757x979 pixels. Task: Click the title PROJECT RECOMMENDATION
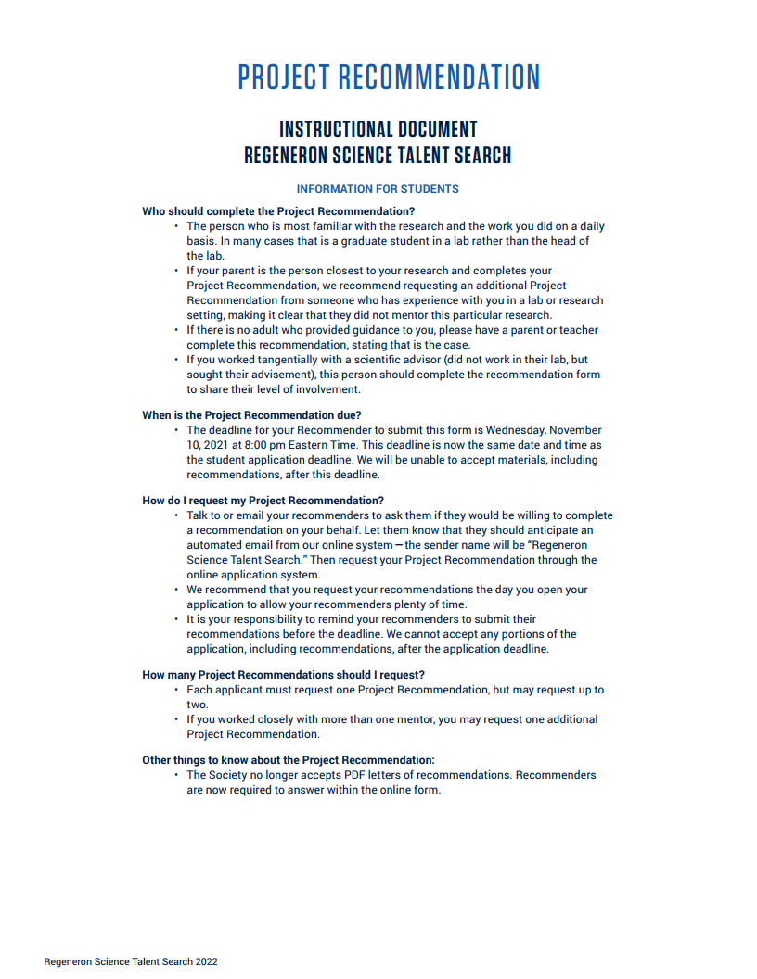pyautogui.click(x=389, y=77)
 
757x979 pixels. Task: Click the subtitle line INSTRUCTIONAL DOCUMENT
pyautogui.click(x=378, y=130)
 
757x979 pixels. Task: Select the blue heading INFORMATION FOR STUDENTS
pyautogui.click(x=378, y=189)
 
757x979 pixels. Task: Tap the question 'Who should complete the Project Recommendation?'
pyautogui.click(x=278, y=211)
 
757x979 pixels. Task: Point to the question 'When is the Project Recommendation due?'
pyautogui.click(x=251, y=415)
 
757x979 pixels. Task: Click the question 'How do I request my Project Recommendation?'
pyautogui.click(x=263, y=501)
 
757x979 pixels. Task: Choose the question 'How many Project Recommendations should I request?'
pyautogui.click(x=283, y=675)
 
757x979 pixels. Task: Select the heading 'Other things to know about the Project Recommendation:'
pyautogui.click(x=289, y=760)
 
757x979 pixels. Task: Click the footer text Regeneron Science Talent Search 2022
pyautogui.click(x=131, y=962)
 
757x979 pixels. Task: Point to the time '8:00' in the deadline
pyautogui.click(x=258, y=445)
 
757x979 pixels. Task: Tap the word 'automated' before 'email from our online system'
pyautogui.click(x=215, y=545)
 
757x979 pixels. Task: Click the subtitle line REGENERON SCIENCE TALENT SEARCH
pyautogui.click(x=378, y=156)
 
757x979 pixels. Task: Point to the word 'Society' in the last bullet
pyautogui.click(x=232, y=775)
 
